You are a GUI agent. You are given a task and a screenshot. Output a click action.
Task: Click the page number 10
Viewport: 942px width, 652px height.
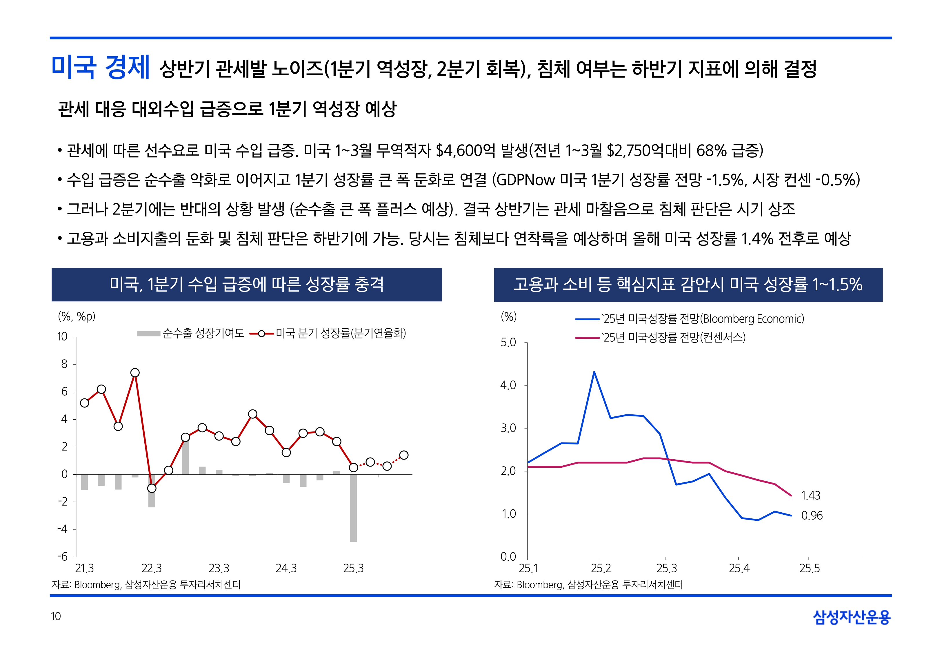point(56,616)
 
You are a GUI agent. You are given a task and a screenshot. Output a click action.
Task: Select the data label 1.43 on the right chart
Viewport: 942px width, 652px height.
point(810,496)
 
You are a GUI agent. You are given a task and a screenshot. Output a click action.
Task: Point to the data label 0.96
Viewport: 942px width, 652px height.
point(812,516)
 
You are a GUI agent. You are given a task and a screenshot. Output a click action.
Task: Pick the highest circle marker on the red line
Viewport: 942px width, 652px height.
point(135,373)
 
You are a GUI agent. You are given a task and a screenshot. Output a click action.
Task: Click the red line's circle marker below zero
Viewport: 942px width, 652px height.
point(152,488)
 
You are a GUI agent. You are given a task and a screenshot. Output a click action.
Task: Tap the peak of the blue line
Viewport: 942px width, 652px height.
point(594,372)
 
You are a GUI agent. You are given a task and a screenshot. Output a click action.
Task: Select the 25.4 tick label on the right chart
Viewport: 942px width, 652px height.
point(739,568)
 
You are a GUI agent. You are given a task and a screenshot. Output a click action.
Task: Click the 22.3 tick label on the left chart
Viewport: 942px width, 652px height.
point(152,568)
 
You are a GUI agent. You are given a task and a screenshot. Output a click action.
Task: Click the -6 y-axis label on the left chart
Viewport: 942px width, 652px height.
point(63,556)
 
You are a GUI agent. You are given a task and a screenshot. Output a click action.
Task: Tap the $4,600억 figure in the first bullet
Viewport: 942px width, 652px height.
point(465,151)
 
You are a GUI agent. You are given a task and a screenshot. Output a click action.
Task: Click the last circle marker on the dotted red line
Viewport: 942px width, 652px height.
point(403,455)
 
